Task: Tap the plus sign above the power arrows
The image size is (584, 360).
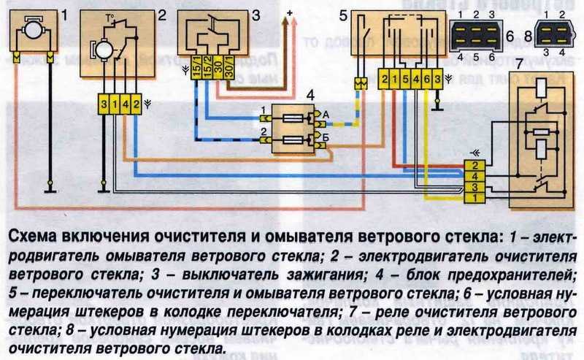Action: (x=289, y=13)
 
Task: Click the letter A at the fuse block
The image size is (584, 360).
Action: (x=326, y=112)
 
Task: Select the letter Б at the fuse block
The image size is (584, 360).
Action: (x=326, y=136)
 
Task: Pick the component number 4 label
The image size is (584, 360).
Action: (x=310, y=94)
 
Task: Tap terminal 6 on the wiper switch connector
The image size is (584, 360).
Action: (x=426, y=77)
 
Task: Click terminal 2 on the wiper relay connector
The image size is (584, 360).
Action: (x=474, y=166)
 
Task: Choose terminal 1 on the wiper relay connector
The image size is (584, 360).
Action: (x=474, y=197)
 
